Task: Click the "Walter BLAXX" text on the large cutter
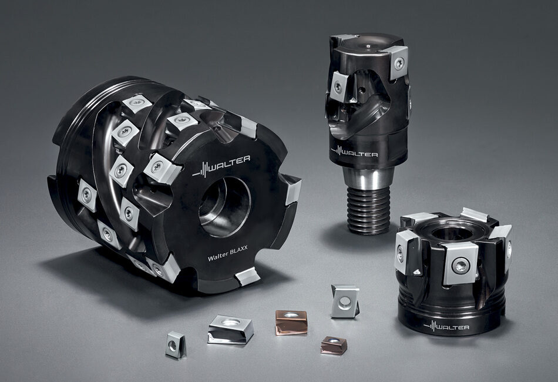230,255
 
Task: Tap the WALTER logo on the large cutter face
221,166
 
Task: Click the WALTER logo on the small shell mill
446,326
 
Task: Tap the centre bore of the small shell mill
452,233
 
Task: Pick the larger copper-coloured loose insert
291,322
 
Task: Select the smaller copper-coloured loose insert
334,344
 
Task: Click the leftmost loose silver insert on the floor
176,344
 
